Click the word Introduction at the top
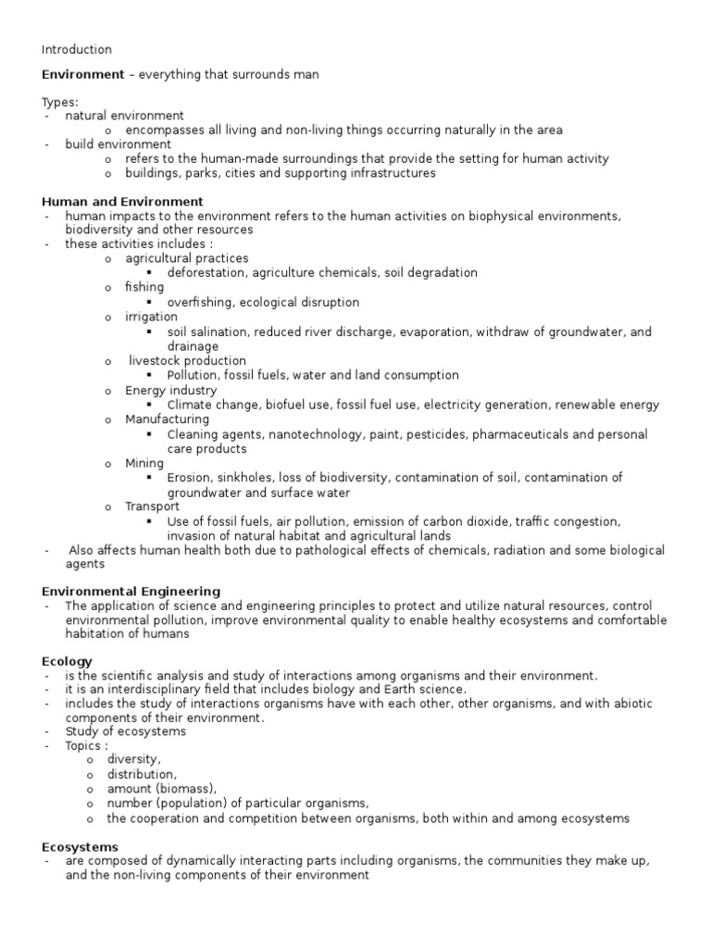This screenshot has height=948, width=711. tap(77, 49)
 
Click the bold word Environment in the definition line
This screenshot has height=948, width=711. tap(82, 75)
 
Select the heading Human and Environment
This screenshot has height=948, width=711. tap(123, 201)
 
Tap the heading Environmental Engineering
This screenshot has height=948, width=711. tap(131, 591)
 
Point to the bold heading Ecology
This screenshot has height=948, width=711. tap(68, 661)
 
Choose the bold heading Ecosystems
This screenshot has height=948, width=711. tap(81, 846)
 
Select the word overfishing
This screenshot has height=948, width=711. tap(205, 302)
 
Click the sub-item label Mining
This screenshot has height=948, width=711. tap(144, 463)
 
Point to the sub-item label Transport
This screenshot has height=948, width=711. tap(153, 506)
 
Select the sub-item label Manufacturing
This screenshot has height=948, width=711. tap(168, 419)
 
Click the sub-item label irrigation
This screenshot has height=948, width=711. tap(152, 317)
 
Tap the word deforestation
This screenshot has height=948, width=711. tap(208, 273)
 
